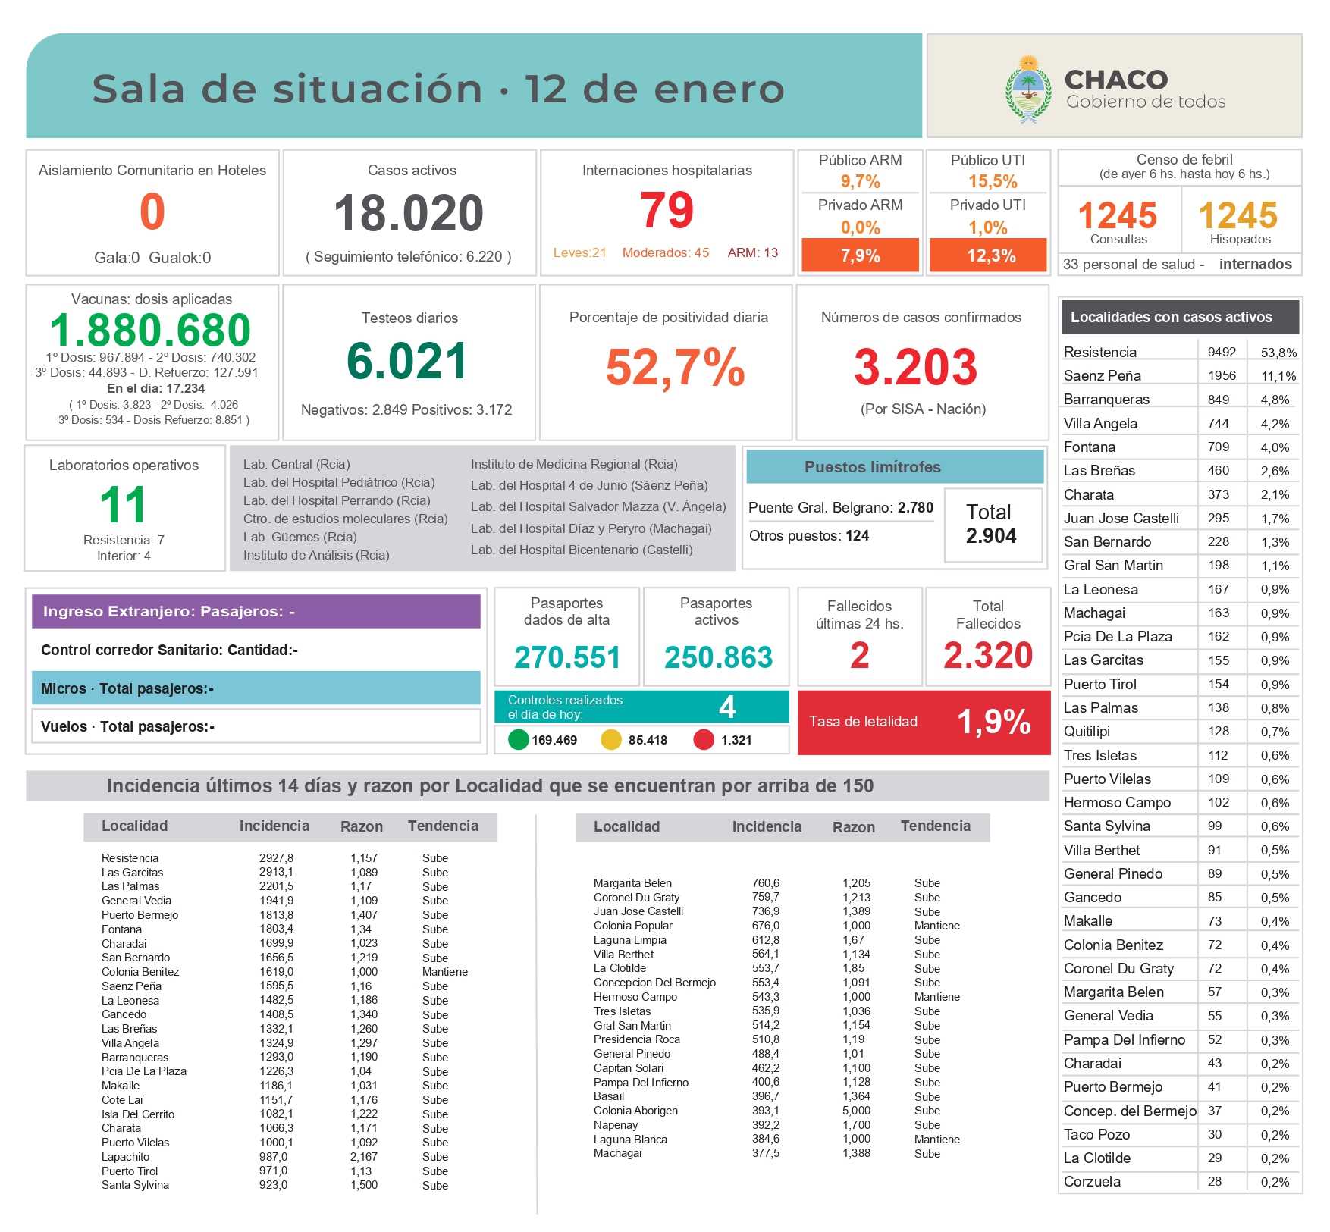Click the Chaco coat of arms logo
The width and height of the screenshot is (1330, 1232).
(1027, 89)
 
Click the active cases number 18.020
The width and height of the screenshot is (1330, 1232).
(409, 213)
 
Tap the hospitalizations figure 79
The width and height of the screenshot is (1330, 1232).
(667, 210)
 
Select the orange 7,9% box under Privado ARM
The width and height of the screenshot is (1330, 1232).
(860, 255)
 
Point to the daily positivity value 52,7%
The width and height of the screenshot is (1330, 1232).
(675, 368)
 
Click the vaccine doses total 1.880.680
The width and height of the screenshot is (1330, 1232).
(150, 331)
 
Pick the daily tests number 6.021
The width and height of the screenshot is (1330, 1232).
(407, 361)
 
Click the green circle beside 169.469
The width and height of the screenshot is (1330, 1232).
(518, 739)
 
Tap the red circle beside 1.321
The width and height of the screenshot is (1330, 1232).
(703, 739)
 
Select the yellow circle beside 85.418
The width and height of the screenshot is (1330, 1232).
(610, 739)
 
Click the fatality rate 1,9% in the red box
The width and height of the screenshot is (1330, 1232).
(993, 722)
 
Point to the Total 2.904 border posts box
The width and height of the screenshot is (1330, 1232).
(991, 525)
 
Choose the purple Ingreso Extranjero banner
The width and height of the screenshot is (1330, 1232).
(256, 611)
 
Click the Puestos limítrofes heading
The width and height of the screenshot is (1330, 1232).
(872, 467)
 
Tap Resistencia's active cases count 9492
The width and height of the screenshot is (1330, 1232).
(1222, 352)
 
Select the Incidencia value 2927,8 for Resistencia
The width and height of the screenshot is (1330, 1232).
(276, 857)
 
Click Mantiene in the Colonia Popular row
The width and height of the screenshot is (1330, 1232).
(936, 926)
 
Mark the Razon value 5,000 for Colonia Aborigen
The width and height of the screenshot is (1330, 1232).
(856, 1111)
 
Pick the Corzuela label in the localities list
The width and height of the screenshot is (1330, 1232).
(1092, 1181)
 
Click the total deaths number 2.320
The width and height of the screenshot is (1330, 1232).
(987, 655)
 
